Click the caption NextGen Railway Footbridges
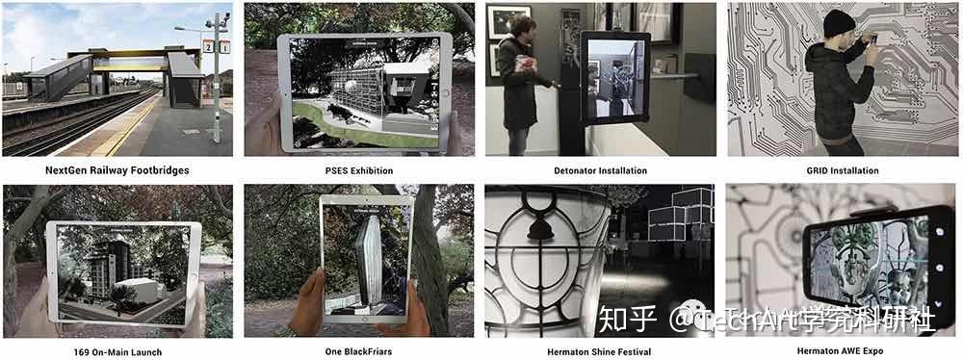tap(117, 170)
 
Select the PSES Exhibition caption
tap(359, 170)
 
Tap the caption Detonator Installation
tap(600, 170)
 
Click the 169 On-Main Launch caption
tap(117, 352)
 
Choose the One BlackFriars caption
tap(359, 352)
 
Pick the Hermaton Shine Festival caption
tap(600, 352)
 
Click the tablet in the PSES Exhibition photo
tap(364, 92)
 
